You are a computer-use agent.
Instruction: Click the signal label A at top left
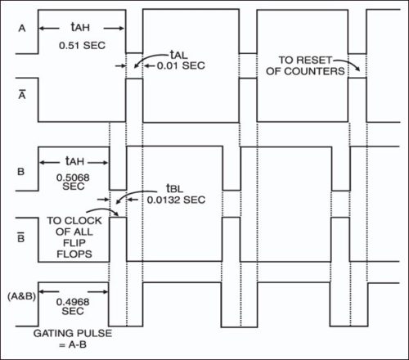pyautogui.click(x=22, y=27)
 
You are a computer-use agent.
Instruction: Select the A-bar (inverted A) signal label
pyautogui.click(x=22, y=94)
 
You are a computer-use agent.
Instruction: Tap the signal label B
pyautogui.click(x=22, y=172)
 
